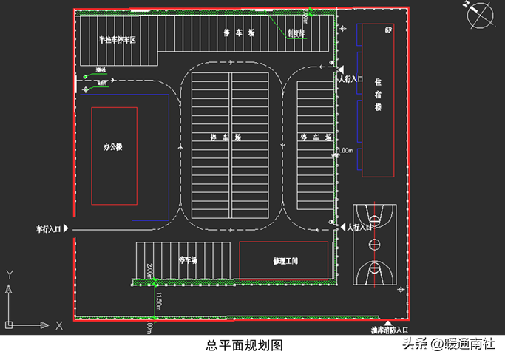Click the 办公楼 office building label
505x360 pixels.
113,146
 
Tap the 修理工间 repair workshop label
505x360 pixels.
285,261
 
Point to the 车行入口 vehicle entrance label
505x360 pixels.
49,229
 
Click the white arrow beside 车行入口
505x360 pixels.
67,229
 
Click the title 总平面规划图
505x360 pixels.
244,344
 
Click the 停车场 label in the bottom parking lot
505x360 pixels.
189,260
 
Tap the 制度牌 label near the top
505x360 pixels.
294,33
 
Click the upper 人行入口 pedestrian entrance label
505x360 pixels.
351,78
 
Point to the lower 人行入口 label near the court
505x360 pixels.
359,228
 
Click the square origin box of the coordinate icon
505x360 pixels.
10,323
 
